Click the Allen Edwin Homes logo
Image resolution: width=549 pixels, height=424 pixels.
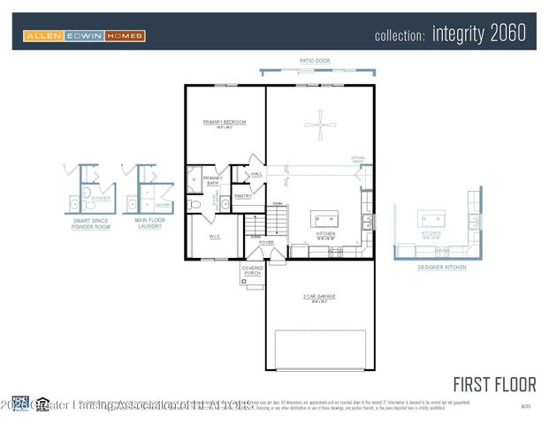coord(84,35)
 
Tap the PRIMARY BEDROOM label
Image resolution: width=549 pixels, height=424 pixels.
coord(224,123)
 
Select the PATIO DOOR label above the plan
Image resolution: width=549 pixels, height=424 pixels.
coord(314,61)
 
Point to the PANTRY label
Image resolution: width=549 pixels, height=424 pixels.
coord(242,197)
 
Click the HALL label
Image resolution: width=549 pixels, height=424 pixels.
coord(257,175)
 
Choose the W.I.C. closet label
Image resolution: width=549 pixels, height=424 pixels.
coord(215,236)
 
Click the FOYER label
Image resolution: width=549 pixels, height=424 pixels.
coord(266,242)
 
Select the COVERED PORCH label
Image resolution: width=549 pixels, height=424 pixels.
coord(253,272)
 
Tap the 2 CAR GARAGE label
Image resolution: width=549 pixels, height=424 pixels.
coord(320,297)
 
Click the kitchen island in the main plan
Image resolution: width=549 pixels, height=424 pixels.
coord(324,218)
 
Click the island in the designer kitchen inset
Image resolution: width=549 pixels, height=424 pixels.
coord(433,220)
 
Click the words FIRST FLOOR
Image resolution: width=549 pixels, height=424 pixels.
coord(494,384)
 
